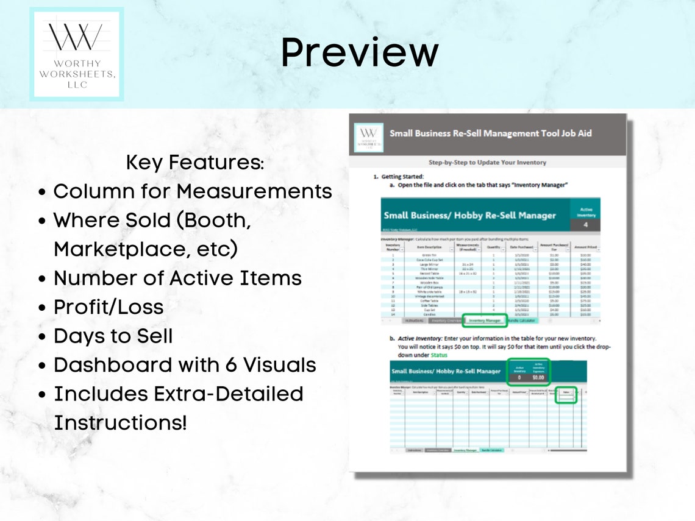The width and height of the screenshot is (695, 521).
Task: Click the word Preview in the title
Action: click(x=359, y=53)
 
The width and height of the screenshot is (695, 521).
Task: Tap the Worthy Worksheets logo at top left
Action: click(x=77, y=54)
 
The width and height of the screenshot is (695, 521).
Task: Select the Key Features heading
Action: click(x=195, y=163)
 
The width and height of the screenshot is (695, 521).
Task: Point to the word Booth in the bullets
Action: click(x=217, y=221)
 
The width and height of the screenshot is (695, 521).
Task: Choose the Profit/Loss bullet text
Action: click(x=109, y=307)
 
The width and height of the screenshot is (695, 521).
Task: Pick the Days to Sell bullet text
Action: click(x=113, y=336)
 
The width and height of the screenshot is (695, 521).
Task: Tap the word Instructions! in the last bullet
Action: click(x=120, y=423)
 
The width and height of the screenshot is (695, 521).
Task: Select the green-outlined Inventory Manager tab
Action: click(x=485, y=320)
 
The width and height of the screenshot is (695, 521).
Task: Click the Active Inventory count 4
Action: click(x=585, y=225)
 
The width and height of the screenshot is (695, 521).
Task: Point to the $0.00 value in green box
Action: click(x=538, y=377)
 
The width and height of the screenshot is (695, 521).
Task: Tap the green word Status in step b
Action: click(x=439, y=355)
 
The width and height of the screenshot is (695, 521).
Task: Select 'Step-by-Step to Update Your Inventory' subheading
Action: click(x=487, y=163)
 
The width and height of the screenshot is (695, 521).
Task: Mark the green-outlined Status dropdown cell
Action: click(x=567, y=394)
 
